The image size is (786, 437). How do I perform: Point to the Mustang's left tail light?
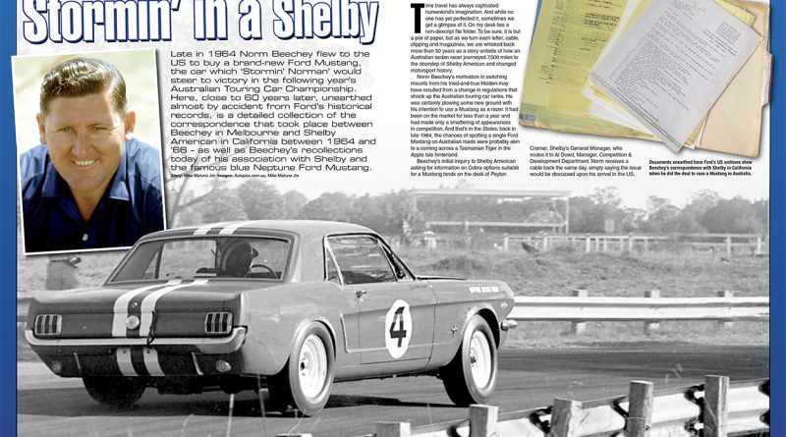click(x=46, y=323)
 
